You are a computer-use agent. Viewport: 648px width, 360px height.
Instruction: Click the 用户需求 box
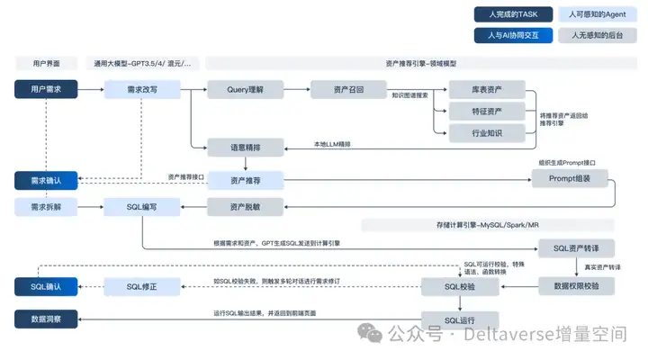coord(46,89)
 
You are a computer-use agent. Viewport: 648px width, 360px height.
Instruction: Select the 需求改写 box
coord(142,89)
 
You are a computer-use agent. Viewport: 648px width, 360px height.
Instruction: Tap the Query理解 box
coord(246,89)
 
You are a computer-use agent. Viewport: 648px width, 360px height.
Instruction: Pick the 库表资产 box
coord(487,89)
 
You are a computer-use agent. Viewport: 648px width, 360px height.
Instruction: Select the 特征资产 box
coord(487,112)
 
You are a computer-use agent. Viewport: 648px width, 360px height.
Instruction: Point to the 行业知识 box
coord(487,133)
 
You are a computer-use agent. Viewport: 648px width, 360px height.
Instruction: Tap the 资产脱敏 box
coord(246,207)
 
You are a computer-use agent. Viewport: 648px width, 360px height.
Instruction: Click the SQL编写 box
coord(142,207)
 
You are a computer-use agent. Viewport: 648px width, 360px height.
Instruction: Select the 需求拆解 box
coord(46,207)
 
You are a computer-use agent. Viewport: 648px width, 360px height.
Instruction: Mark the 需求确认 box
coord(46,180)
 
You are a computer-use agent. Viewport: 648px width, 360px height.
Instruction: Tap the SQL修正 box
coord(142,286)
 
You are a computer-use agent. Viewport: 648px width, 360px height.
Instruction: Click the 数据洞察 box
coord(46,319)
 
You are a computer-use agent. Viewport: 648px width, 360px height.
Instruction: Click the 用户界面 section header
coord(46,64)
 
